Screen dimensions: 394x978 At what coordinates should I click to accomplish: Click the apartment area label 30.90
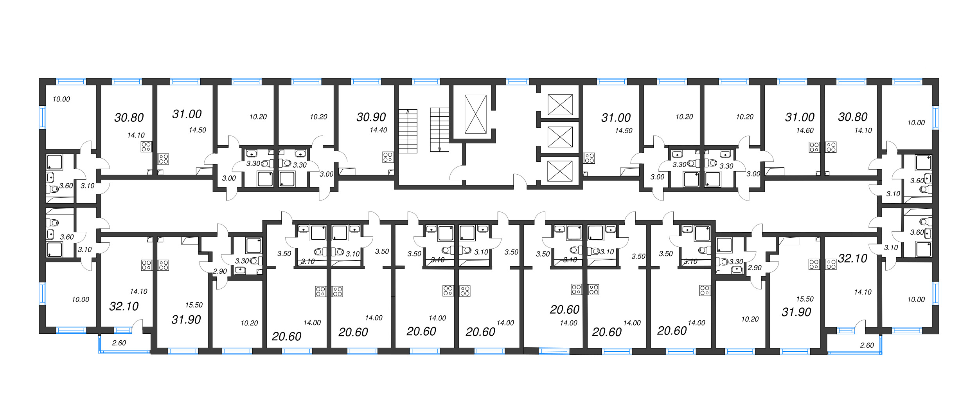[371, 117]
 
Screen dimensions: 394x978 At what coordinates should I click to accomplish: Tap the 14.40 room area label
[378, 130]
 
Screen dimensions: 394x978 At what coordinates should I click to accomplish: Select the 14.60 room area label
[805, 130]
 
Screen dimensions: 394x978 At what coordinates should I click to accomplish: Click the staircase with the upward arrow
[408, 131]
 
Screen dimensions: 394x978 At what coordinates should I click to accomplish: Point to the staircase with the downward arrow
[439, 130]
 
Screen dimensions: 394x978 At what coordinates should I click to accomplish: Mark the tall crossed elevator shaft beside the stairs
[475, 114]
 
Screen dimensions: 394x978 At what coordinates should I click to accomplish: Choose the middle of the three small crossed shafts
[560, 137]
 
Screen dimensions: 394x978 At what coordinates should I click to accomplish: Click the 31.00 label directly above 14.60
[800, 117]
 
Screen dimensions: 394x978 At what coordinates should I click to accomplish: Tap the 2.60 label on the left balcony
[119, 343]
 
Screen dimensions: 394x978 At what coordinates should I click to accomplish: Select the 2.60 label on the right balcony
[867, 345]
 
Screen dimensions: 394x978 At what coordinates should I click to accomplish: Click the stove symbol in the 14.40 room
[388, 157]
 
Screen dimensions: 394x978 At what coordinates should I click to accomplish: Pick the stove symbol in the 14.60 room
[814, 147]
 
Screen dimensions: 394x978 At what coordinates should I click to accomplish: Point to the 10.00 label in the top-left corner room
[61, 99]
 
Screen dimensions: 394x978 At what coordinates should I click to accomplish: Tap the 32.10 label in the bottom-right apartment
[852, 258]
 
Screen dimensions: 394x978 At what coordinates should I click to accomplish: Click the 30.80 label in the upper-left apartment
[129, 117]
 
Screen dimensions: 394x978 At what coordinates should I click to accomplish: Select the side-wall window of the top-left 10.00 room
[42, 117]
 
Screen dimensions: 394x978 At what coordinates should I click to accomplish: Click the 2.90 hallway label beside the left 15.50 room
[220, 271]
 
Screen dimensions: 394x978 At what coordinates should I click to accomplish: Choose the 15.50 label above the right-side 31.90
[805, 299]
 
